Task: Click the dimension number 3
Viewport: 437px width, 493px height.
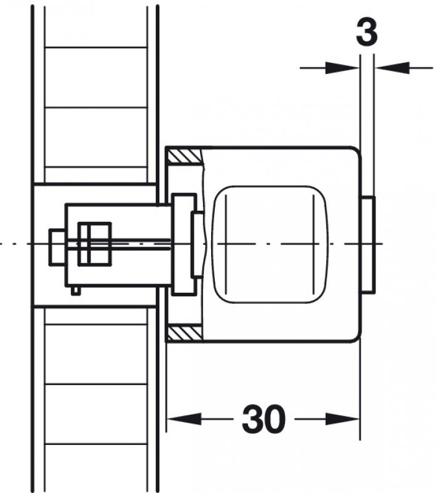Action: [367, 33]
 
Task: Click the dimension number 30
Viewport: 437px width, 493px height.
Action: [263, 419]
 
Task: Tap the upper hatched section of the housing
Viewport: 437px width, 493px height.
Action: [183, 157]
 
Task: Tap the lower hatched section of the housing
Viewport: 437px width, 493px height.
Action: [184, 333]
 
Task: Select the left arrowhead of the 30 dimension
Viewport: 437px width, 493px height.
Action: [184, 419]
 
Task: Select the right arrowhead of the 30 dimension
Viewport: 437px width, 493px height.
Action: [342, 419]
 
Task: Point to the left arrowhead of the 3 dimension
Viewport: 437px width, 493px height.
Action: [342, 67]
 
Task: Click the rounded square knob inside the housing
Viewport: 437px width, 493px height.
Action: [270, 244]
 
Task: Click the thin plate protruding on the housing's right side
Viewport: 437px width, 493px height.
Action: [368, 245]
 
